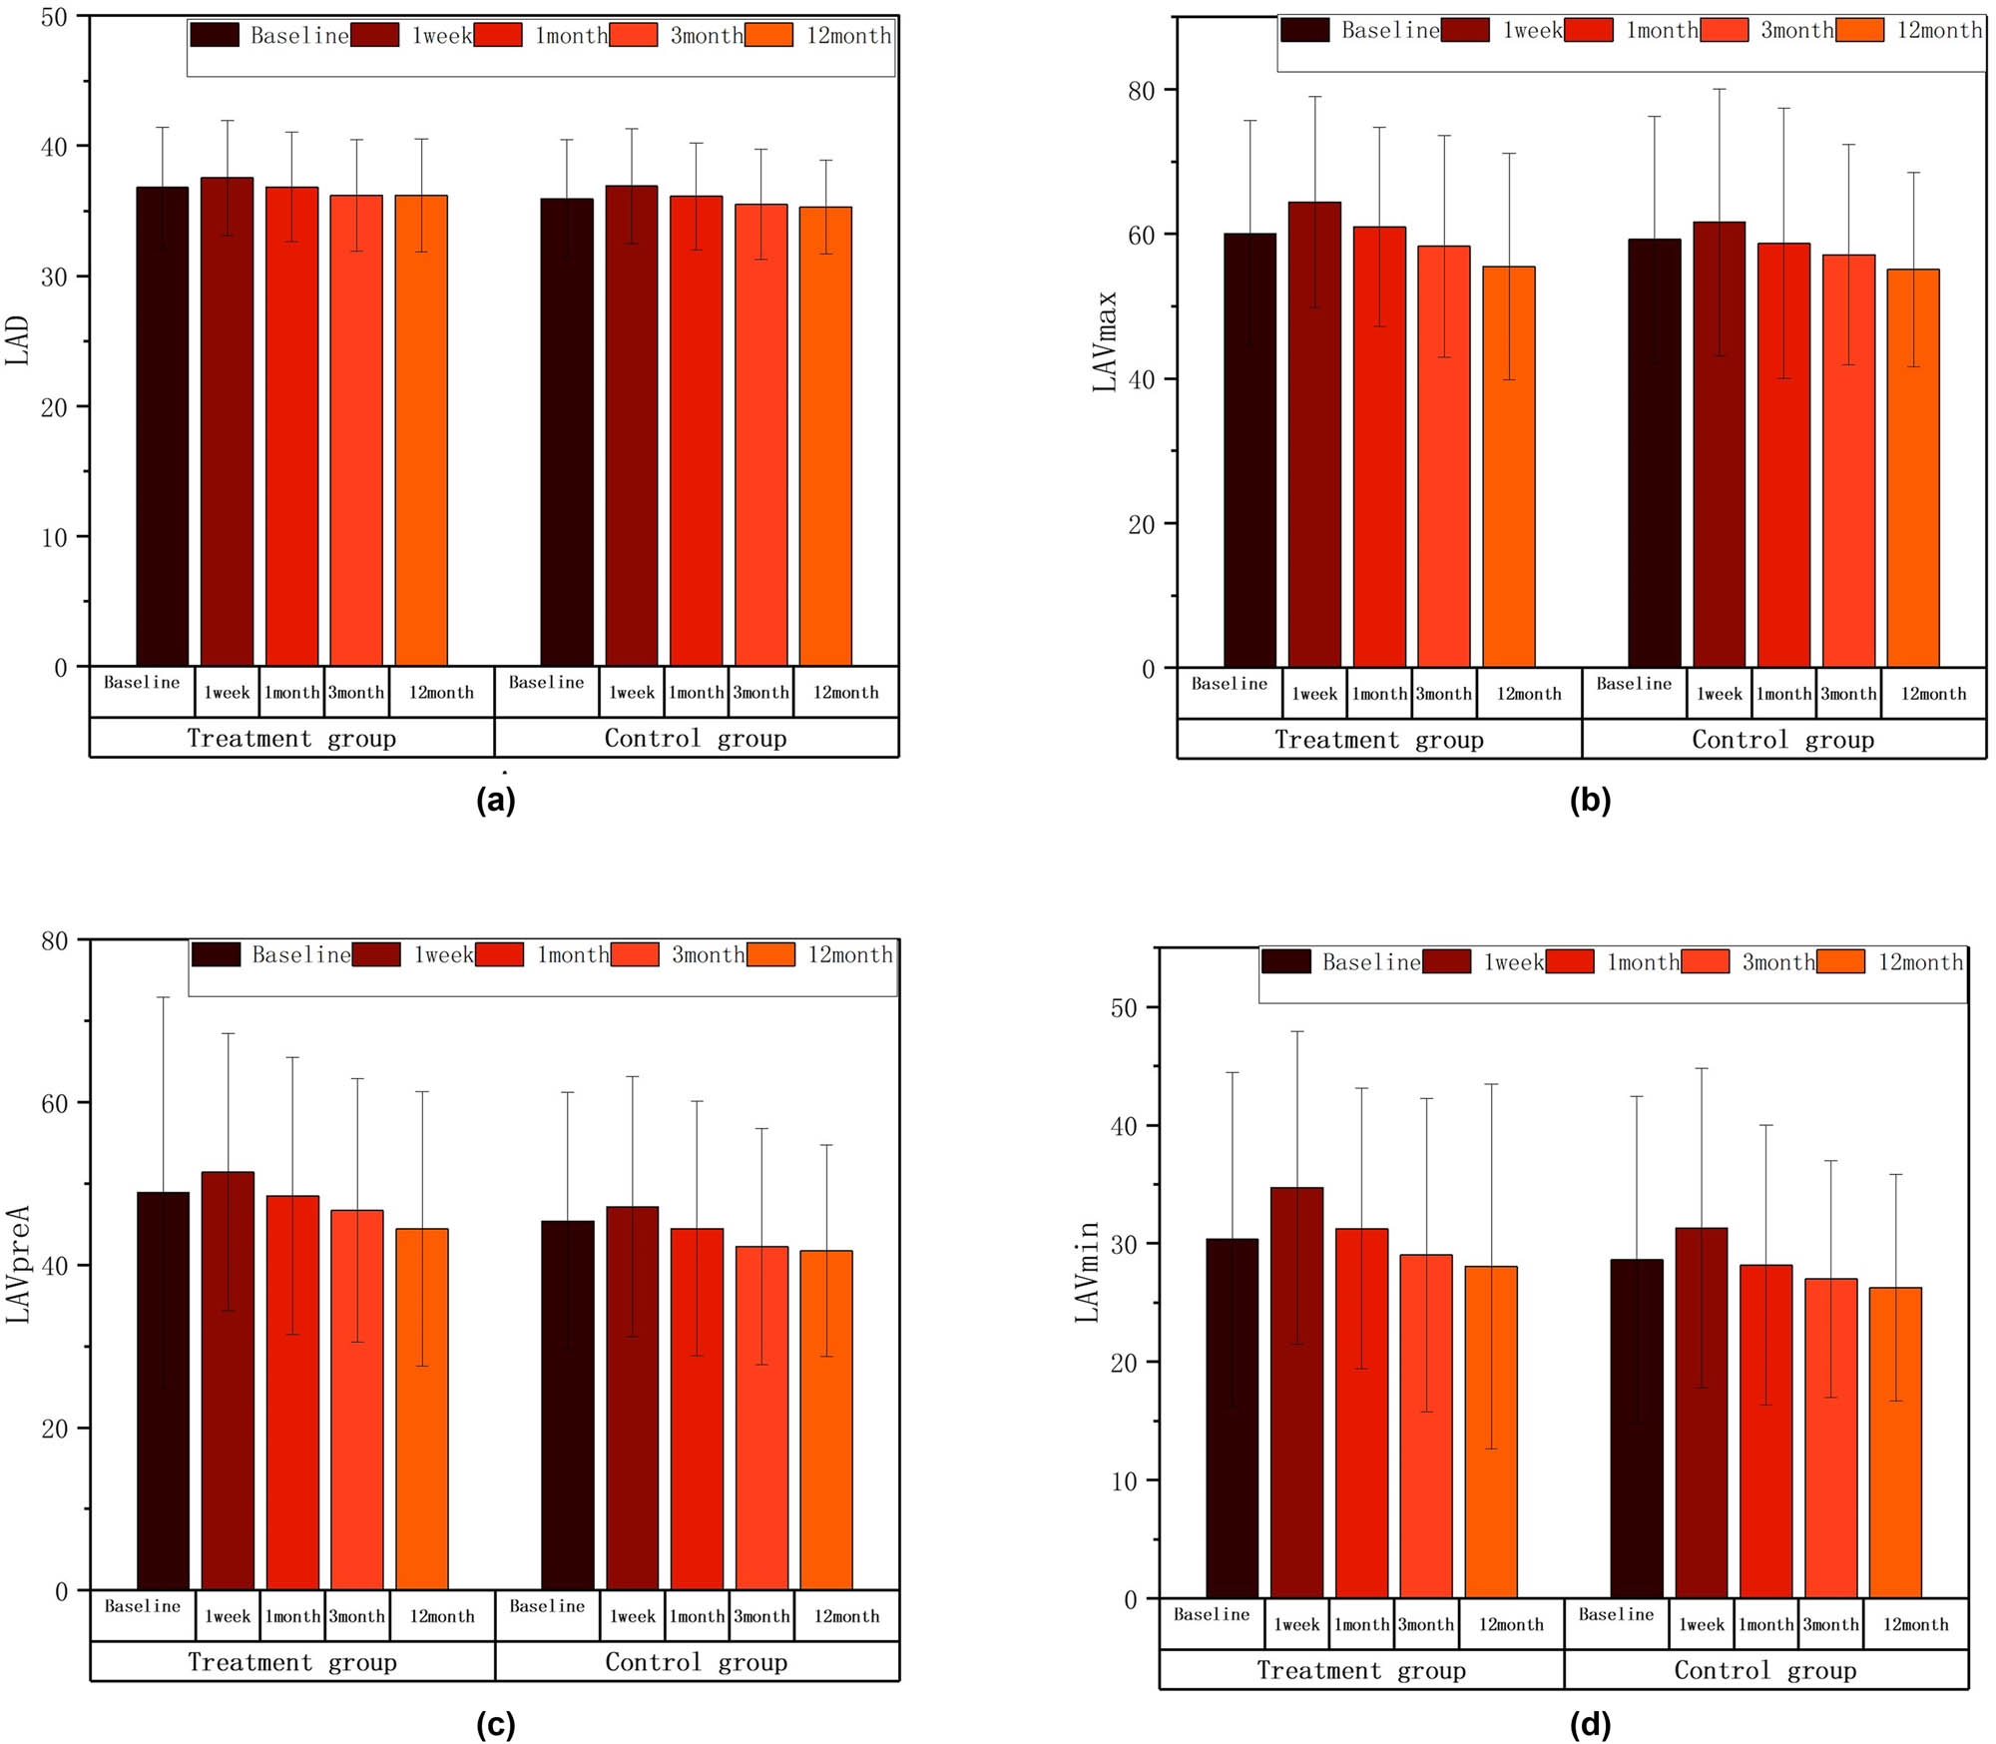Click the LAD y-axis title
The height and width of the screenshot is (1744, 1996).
pyautogui.click(x=17, y=340)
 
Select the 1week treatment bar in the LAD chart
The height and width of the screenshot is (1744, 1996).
pyautogui.click(x=227, y=421)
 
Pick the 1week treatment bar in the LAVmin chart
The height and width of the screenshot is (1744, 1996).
pyautogui.click(x=1296, y=1392)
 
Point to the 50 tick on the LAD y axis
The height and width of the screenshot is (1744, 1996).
pyautogui.click(x=55, y=17)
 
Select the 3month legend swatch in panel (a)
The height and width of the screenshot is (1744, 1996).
pyautogui.click(x=634, y=35)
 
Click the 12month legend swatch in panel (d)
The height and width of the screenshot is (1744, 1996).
pyautogui.click(x=1840, y=961)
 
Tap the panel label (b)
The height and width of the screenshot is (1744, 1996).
pyautogui.click(x=1590, y=800)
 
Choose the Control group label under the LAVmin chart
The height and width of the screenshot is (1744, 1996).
pyautogui.click(x=1764, y=1670)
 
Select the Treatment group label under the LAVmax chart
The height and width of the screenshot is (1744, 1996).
pyautogui.click(x=1378, y=740)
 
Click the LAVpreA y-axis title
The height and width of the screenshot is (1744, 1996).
pyautogui.click(x=19, y=1264)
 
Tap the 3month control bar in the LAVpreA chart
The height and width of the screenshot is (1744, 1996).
pyautogui.click(x=761, y=1418)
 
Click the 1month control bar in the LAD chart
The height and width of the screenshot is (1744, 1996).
pyautogui.click(x=696, y=430)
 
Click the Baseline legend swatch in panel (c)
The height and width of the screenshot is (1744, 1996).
pyautogui.click(x=216, y=954)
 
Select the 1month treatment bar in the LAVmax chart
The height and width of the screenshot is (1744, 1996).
pyautogui.click(x=1378, y=446)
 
